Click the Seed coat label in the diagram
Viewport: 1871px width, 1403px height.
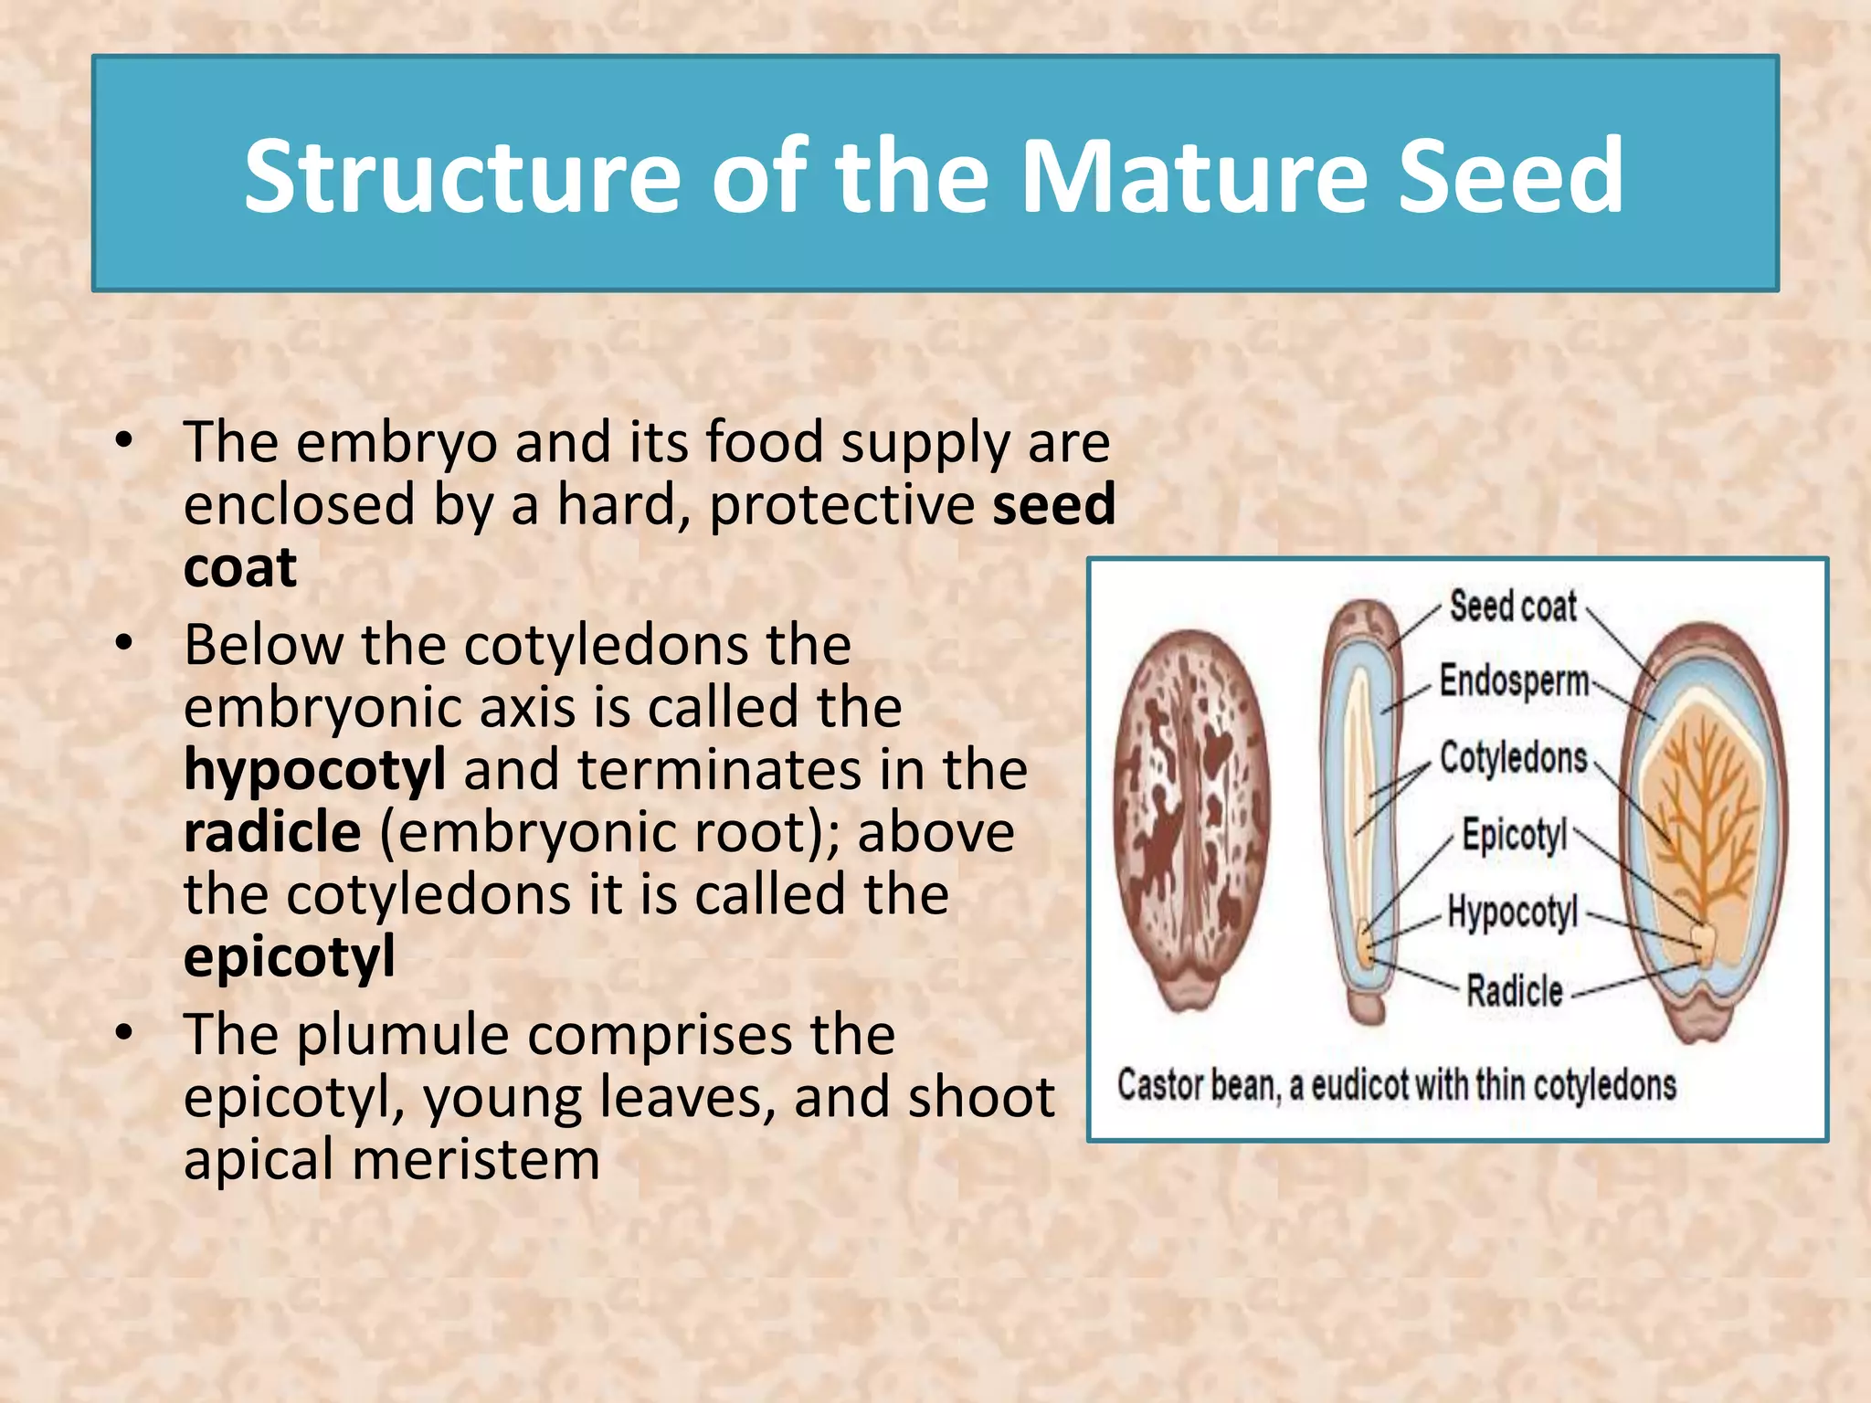[x=1513, y=607]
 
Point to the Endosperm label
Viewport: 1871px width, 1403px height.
[x=1514, y=681]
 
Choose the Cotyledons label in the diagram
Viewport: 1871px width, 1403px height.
[x=1513, y=758]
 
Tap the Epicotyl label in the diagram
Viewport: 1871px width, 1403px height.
[x=1514, y=835]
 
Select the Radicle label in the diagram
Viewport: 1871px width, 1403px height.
[x=1514, y=990]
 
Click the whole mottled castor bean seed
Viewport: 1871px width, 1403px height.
[x=1191, y=818]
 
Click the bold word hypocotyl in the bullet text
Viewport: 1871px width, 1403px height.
[x=314, y=770]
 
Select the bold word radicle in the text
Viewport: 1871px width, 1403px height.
[x=272, y=832]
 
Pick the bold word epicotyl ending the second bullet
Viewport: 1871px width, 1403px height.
[x=289, y=957]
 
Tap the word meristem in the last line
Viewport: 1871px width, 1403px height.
[x=475, y=1159]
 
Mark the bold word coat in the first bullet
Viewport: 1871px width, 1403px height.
[x=239, y=567]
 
